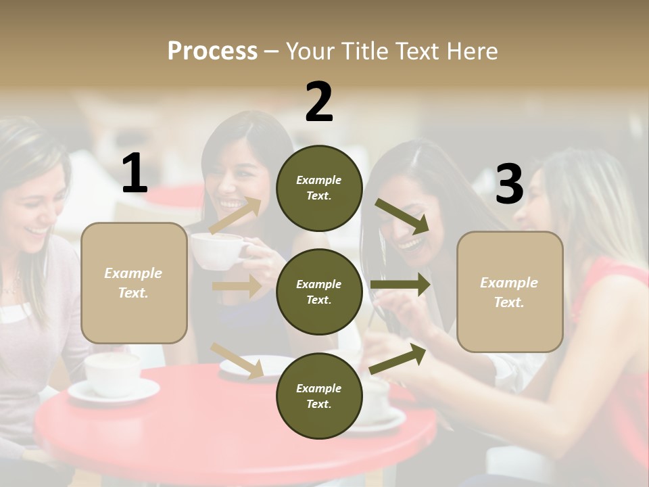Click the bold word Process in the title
(212, 51)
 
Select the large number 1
(135, 174)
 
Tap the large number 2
(319, 102)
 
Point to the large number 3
(509, 185)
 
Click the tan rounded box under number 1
(134, 283)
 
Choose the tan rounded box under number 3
(510, 292)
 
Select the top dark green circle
(319, 188)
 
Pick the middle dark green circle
(319, 292)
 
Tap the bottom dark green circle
(319, 396)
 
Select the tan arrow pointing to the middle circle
(237, 286)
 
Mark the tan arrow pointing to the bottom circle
(237, 360)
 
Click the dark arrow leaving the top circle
(402, 216)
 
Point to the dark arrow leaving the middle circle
(400, 284)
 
